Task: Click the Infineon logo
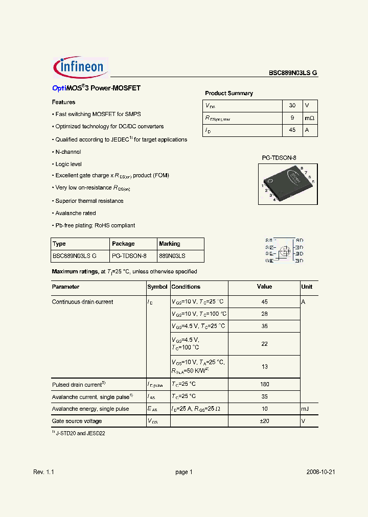point(80,67)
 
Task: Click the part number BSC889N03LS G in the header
point(293,73)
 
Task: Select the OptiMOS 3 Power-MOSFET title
point(96,88)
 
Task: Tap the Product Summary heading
point(228,93)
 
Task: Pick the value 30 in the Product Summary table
point(292,105)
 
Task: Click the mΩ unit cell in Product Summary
point(310,118)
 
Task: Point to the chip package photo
point(288,182)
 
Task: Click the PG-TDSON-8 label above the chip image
point(279,158)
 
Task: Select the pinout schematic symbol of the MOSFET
point(284,250)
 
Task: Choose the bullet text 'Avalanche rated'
point(75,213)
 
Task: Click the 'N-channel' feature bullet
point(68,152)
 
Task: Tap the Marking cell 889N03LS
point(172,256)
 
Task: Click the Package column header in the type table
point(123,244)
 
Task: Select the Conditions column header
point(186,287)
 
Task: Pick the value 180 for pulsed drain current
point(264,384)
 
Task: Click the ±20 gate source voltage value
point(264,421)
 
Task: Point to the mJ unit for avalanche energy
point(306,409)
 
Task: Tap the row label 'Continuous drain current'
point(82,302)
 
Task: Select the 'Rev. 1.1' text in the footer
point(43,472)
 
